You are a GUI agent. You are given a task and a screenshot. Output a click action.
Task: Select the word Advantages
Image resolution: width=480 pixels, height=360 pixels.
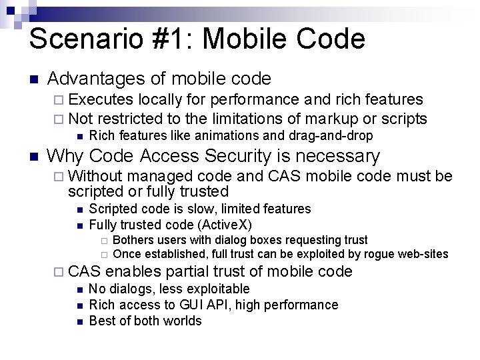96,79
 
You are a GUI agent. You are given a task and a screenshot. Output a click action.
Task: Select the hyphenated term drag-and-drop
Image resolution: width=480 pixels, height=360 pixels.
331,135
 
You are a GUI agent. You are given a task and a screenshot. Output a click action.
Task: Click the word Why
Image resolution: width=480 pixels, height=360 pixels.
65,156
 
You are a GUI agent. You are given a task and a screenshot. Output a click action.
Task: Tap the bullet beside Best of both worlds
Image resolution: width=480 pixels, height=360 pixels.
79,321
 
